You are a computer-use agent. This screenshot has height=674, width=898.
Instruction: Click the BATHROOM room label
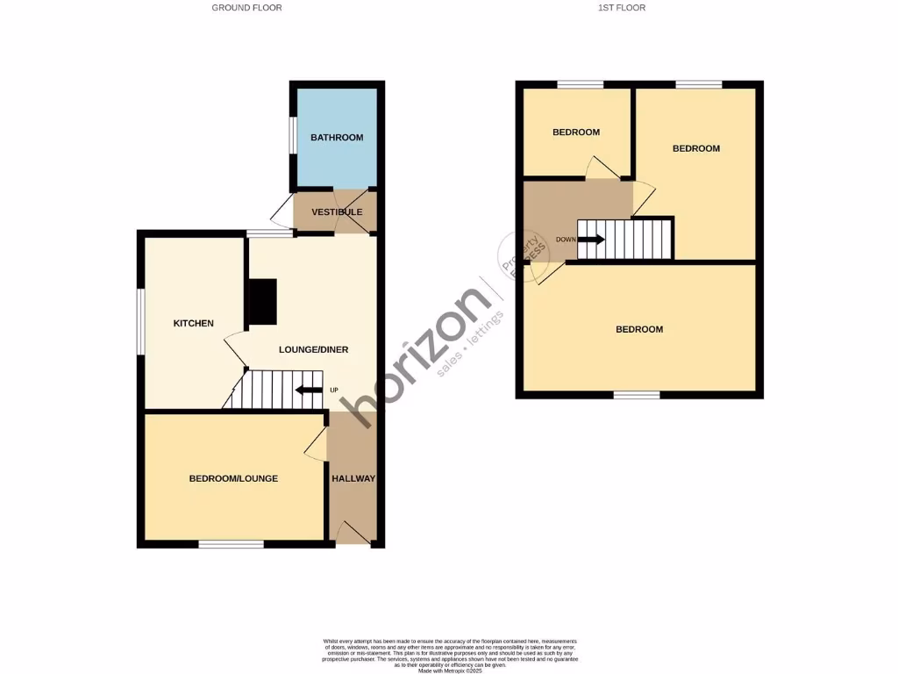click(x=337, y=138)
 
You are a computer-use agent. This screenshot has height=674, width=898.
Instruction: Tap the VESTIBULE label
click(x=337, y=212)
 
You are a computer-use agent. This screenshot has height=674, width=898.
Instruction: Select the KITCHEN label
click(x=193, y=324)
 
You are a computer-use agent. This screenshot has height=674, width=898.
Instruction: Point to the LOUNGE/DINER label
click(x=313, y=350)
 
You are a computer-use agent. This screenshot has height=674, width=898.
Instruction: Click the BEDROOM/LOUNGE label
click(x=233, y=479)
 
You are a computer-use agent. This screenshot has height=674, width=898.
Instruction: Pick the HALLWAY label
click(x=353, y=479)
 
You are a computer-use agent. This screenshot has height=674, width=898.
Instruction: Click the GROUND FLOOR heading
click(x=246, y=8)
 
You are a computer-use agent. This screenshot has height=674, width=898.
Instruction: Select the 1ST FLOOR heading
click(x=621, y=8)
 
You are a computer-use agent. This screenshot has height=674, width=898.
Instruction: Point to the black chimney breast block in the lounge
click(x=263, y=303)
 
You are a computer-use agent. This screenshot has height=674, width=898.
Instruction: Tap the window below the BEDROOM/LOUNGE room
click(x=231, y=545)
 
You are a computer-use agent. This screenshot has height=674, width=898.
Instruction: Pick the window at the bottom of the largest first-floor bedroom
click(x=637, y=395)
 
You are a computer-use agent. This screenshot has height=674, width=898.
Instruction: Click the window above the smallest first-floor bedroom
click(x=580, y=84)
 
